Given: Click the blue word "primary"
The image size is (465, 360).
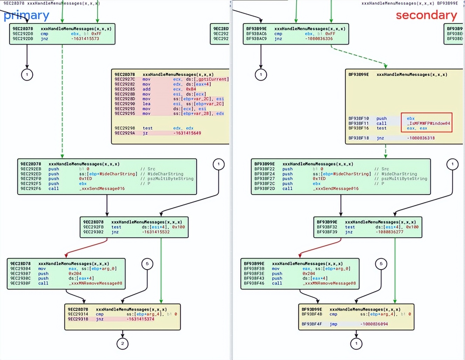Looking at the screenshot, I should (x=27, y=15).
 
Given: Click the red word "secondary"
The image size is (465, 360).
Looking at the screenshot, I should (x=426, y=15).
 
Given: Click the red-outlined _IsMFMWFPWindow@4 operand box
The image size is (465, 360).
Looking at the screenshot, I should (x=426, y=123).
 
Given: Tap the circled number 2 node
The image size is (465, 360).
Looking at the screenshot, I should (x=123, y=344).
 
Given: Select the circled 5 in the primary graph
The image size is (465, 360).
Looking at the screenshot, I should (x=147, y=264).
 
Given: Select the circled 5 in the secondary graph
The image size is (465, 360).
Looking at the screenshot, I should (x=381, y=264).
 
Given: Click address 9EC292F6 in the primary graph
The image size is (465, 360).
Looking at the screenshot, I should (x=31, y=188).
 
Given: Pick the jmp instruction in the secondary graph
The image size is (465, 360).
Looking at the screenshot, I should (x=333, y=324).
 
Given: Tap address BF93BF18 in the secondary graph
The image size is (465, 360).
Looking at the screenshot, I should (x=359, y=138).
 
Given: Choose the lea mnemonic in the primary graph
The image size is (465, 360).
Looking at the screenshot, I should (x=146, y=104).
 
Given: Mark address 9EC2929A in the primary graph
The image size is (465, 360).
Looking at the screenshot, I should (x=125, y=133).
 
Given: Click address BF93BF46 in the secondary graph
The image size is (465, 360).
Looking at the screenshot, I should (x=254, y=283).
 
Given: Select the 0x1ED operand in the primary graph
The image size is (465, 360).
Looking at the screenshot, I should (x=85, y=179).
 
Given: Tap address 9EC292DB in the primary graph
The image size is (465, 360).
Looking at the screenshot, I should (x=23, y=39).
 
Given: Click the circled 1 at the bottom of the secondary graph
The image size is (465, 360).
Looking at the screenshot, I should (x=356, y=344).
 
